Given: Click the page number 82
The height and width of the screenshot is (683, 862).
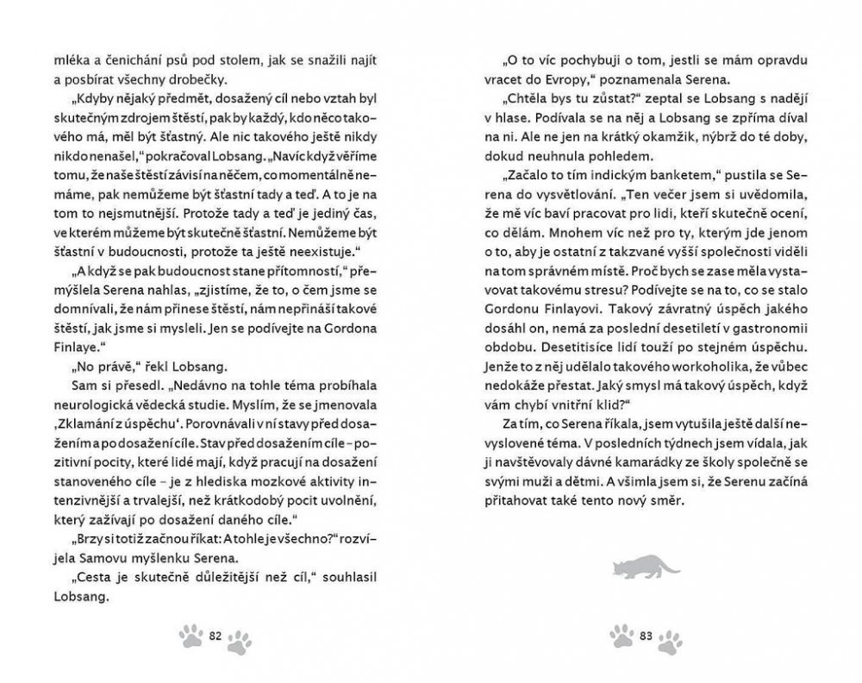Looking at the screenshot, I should point(216,636).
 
